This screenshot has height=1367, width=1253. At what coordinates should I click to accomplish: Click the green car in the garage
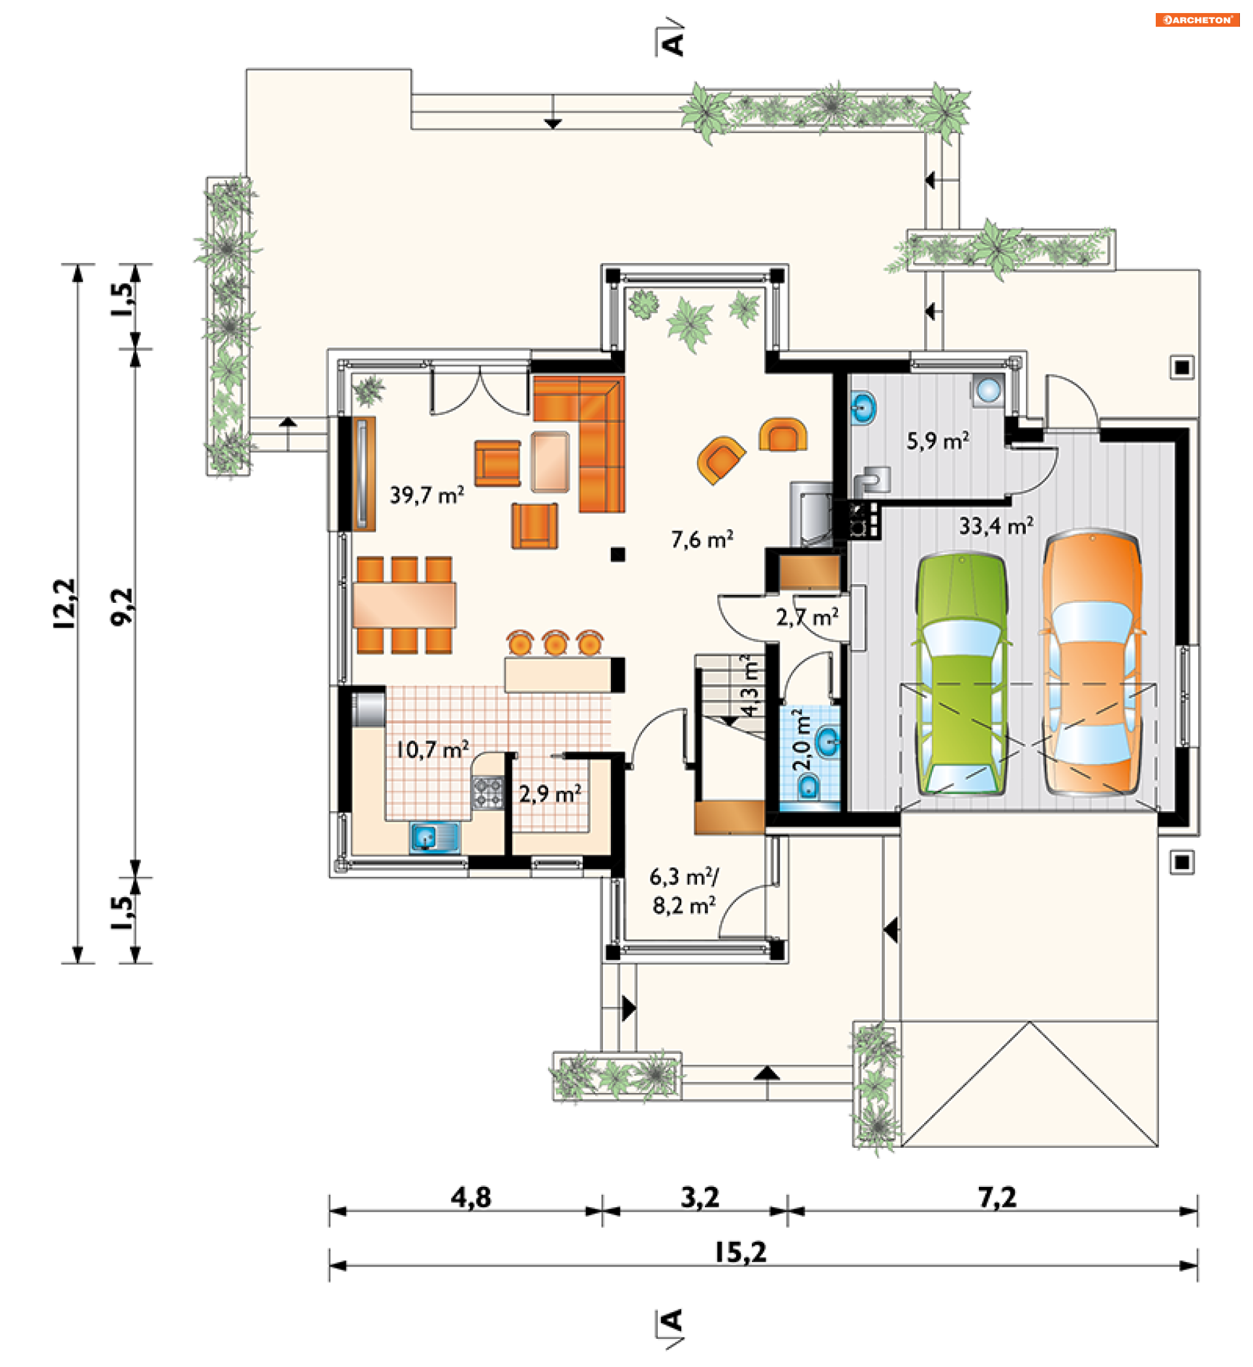click(x=961, y=674)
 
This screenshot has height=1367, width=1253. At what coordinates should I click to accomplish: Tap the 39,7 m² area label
click(x=427, y=495)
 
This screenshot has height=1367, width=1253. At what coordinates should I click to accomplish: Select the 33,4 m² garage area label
click(x=996, y=525)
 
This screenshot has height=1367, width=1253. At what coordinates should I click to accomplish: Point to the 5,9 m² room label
click(x=938, y=442)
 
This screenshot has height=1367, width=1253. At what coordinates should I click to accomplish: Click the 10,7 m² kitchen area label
click(x=432, y=750)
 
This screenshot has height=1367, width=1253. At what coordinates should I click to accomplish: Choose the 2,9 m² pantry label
click(x=550, y=794)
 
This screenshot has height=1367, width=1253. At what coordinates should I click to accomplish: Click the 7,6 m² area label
click(x=702, y=540)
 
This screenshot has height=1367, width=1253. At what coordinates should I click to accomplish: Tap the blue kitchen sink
click(x=435, y=838)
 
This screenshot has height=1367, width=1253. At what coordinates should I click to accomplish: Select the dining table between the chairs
click(x=404, y=604)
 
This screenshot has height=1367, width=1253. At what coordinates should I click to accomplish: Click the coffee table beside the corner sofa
click(x=551, y=462)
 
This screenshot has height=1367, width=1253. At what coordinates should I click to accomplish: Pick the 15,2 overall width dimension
click(x=741, y=1253)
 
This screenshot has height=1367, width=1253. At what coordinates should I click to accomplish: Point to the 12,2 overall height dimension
click(x=65, y=604)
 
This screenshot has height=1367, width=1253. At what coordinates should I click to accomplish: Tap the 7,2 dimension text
click(x=997, y=1198)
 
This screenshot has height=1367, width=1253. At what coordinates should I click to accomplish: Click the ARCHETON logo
click(x=1198, y=20)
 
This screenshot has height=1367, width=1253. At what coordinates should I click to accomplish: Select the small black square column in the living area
click(x=617, y=555)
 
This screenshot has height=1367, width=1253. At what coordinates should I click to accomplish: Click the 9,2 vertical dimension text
click(x=122, y=607)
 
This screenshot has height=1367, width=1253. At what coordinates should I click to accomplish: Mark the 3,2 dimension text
click(x=700, y=1198)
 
